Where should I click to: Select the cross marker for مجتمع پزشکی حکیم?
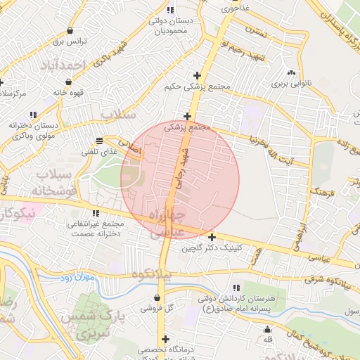(197, 75)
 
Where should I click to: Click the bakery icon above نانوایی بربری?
(291, 72)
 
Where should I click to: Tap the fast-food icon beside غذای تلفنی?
(98, 141)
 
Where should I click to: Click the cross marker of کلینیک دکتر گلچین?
(212, 237)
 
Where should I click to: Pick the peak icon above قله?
(266, 329)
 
